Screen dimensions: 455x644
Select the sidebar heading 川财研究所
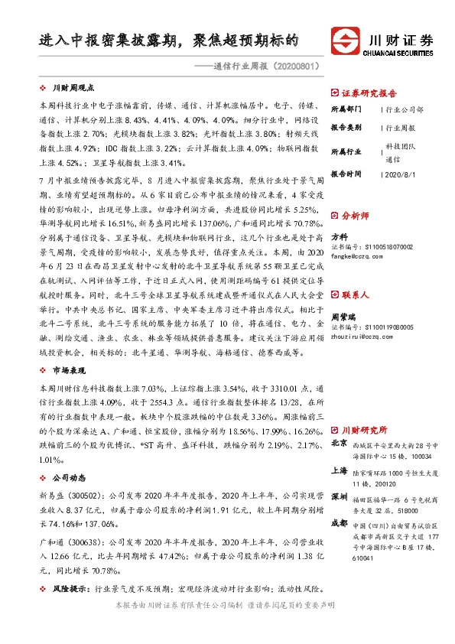[365, 431]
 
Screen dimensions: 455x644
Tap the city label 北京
[340, 444]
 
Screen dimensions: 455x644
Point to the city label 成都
[340, 523]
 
